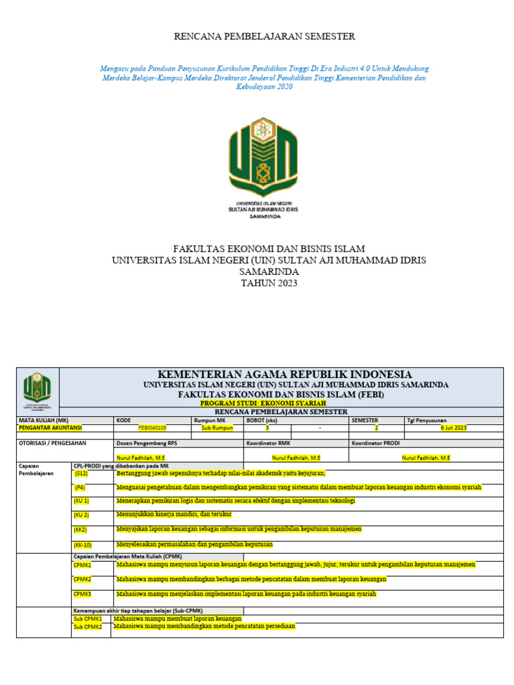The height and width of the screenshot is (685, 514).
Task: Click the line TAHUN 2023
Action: click(268, 283)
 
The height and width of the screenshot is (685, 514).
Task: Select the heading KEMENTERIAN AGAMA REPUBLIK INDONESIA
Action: click(284, 374)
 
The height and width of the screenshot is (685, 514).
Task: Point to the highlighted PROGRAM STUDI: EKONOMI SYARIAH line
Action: click(263, 403)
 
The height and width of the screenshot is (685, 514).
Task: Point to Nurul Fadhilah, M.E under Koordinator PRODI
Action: click(426, 458)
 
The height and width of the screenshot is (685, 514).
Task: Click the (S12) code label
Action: click(81, 473)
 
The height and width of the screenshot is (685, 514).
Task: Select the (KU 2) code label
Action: click(82, 514)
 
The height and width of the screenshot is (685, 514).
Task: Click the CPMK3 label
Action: click(82, 594)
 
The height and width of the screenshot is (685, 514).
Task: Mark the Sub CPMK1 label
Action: click(88, 619)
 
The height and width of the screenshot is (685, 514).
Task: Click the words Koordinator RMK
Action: click(268, 443)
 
